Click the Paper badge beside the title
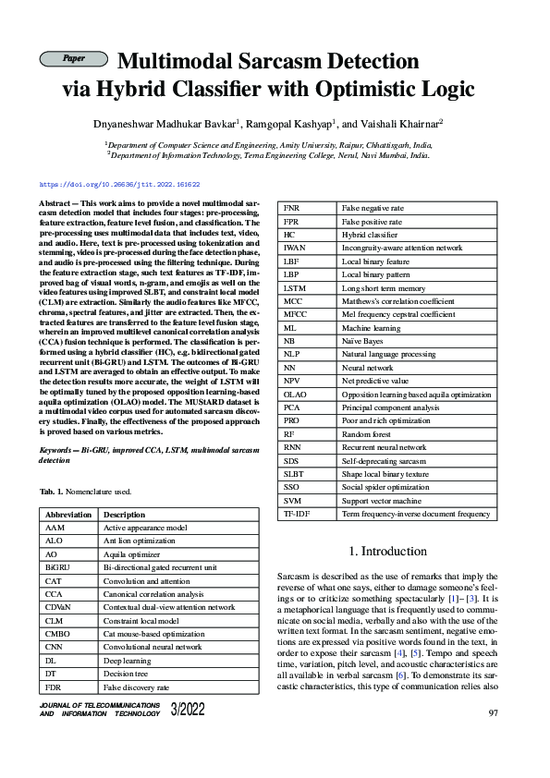[73, 59]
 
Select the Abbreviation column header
[68, 515]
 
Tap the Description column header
[124, 515]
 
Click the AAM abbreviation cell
[55, 527]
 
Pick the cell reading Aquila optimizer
[134, 553]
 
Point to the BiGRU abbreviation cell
[57, 566]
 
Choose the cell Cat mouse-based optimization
[154, 634]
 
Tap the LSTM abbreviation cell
[295, 288]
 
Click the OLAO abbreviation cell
[295, 395]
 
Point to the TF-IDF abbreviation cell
[297, 514]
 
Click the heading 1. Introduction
[387, 552]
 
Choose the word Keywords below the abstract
[57, 450]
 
